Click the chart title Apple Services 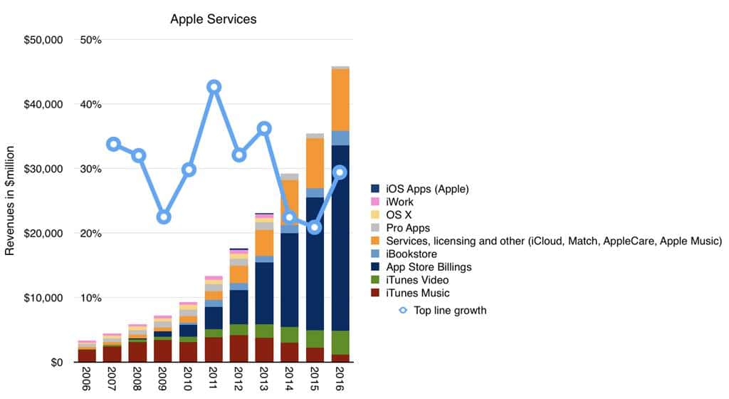click(213, 19)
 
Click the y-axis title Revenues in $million click(11, 201)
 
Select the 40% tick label click(91, 104)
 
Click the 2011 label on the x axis click(213, 380)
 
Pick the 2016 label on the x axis click(340, 380)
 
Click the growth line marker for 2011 click(214, 87)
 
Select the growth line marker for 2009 click(163, 217)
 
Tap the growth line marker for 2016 click(340, 172)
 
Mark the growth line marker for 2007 click(112, 145)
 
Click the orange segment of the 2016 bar click(340, 100)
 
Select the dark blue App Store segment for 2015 click(315, 264)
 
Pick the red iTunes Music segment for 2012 click(238, 348)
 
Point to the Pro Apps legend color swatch click(375, 228)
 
